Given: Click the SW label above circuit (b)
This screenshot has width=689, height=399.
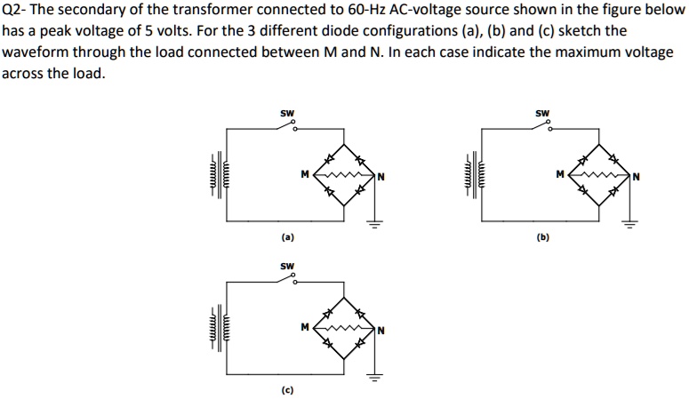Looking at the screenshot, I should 542,113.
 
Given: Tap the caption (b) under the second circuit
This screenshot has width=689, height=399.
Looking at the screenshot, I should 543,238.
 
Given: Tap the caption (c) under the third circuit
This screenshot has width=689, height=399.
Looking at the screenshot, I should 287,390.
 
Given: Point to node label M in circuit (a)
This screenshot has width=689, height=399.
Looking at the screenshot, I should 305,174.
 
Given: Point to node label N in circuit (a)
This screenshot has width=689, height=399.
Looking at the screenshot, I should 381,175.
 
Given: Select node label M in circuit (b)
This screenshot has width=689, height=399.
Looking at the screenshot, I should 560,174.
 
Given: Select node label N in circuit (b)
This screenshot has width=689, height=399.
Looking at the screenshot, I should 636,175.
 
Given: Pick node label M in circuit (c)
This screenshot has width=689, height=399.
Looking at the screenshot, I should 305,326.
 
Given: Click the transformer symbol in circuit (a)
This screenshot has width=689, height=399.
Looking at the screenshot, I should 220,174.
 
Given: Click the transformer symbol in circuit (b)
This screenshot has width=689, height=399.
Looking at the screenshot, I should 475,174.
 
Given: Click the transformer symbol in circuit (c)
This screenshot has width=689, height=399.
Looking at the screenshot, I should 220,326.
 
